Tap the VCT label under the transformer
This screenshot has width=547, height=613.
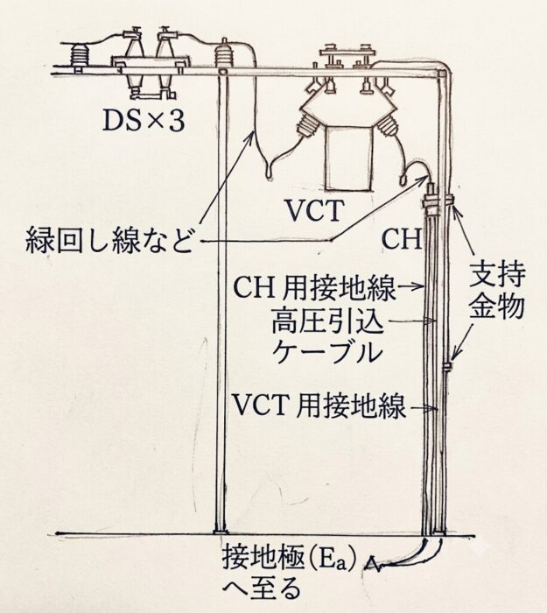(x=315, y=210)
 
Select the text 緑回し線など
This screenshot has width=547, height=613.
(x=109, y=240)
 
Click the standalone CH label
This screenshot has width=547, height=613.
(x=402, y=239)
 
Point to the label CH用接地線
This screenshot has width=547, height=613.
(x=314, y=287)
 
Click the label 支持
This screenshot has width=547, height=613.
(x=497, y=277)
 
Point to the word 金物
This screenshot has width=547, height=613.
(x=497, y=306)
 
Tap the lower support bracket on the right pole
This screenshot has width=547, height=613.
(x=447, y=366)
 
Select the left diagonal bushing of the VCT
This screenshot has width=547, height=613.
(x=307, y=125)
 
